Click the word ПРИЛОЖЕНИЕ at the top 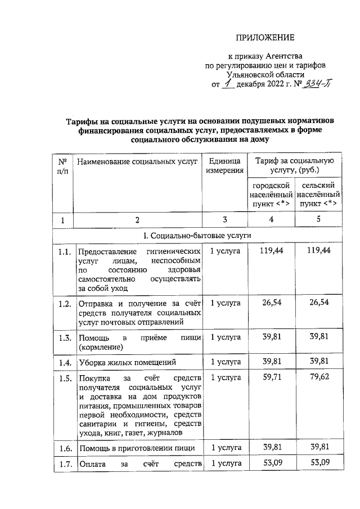point(264,38)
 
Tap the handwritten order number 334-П point(316,84)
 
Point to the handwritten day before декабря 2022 point(227,84)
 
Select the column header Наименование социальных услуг point(138,163)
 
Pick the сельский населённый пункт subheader point(318,194)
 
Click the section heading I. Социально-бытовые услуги point(197,235)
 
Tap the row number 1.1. point(64,251)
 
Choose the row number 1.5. point(64,378)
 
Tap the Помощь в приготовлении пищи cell point(136,448)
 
